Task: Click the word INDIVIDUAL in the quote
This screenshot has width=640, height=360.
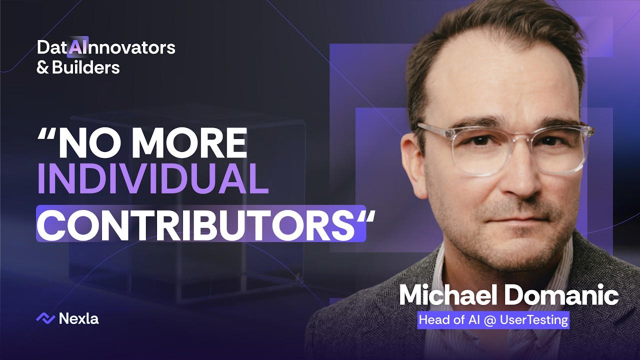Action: (153, 178)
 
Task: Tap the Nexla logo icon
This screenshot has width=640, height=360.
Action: (45, 318)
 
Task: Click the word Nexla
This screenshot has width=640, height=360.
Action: (78, 318)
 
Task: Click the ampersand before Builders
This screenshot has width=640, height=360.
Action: (42, 67)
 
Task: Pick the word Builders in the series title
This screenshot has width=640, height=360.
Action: (85, 67)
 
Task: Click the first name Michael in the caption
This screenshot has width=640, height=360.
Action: (447, 295)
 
